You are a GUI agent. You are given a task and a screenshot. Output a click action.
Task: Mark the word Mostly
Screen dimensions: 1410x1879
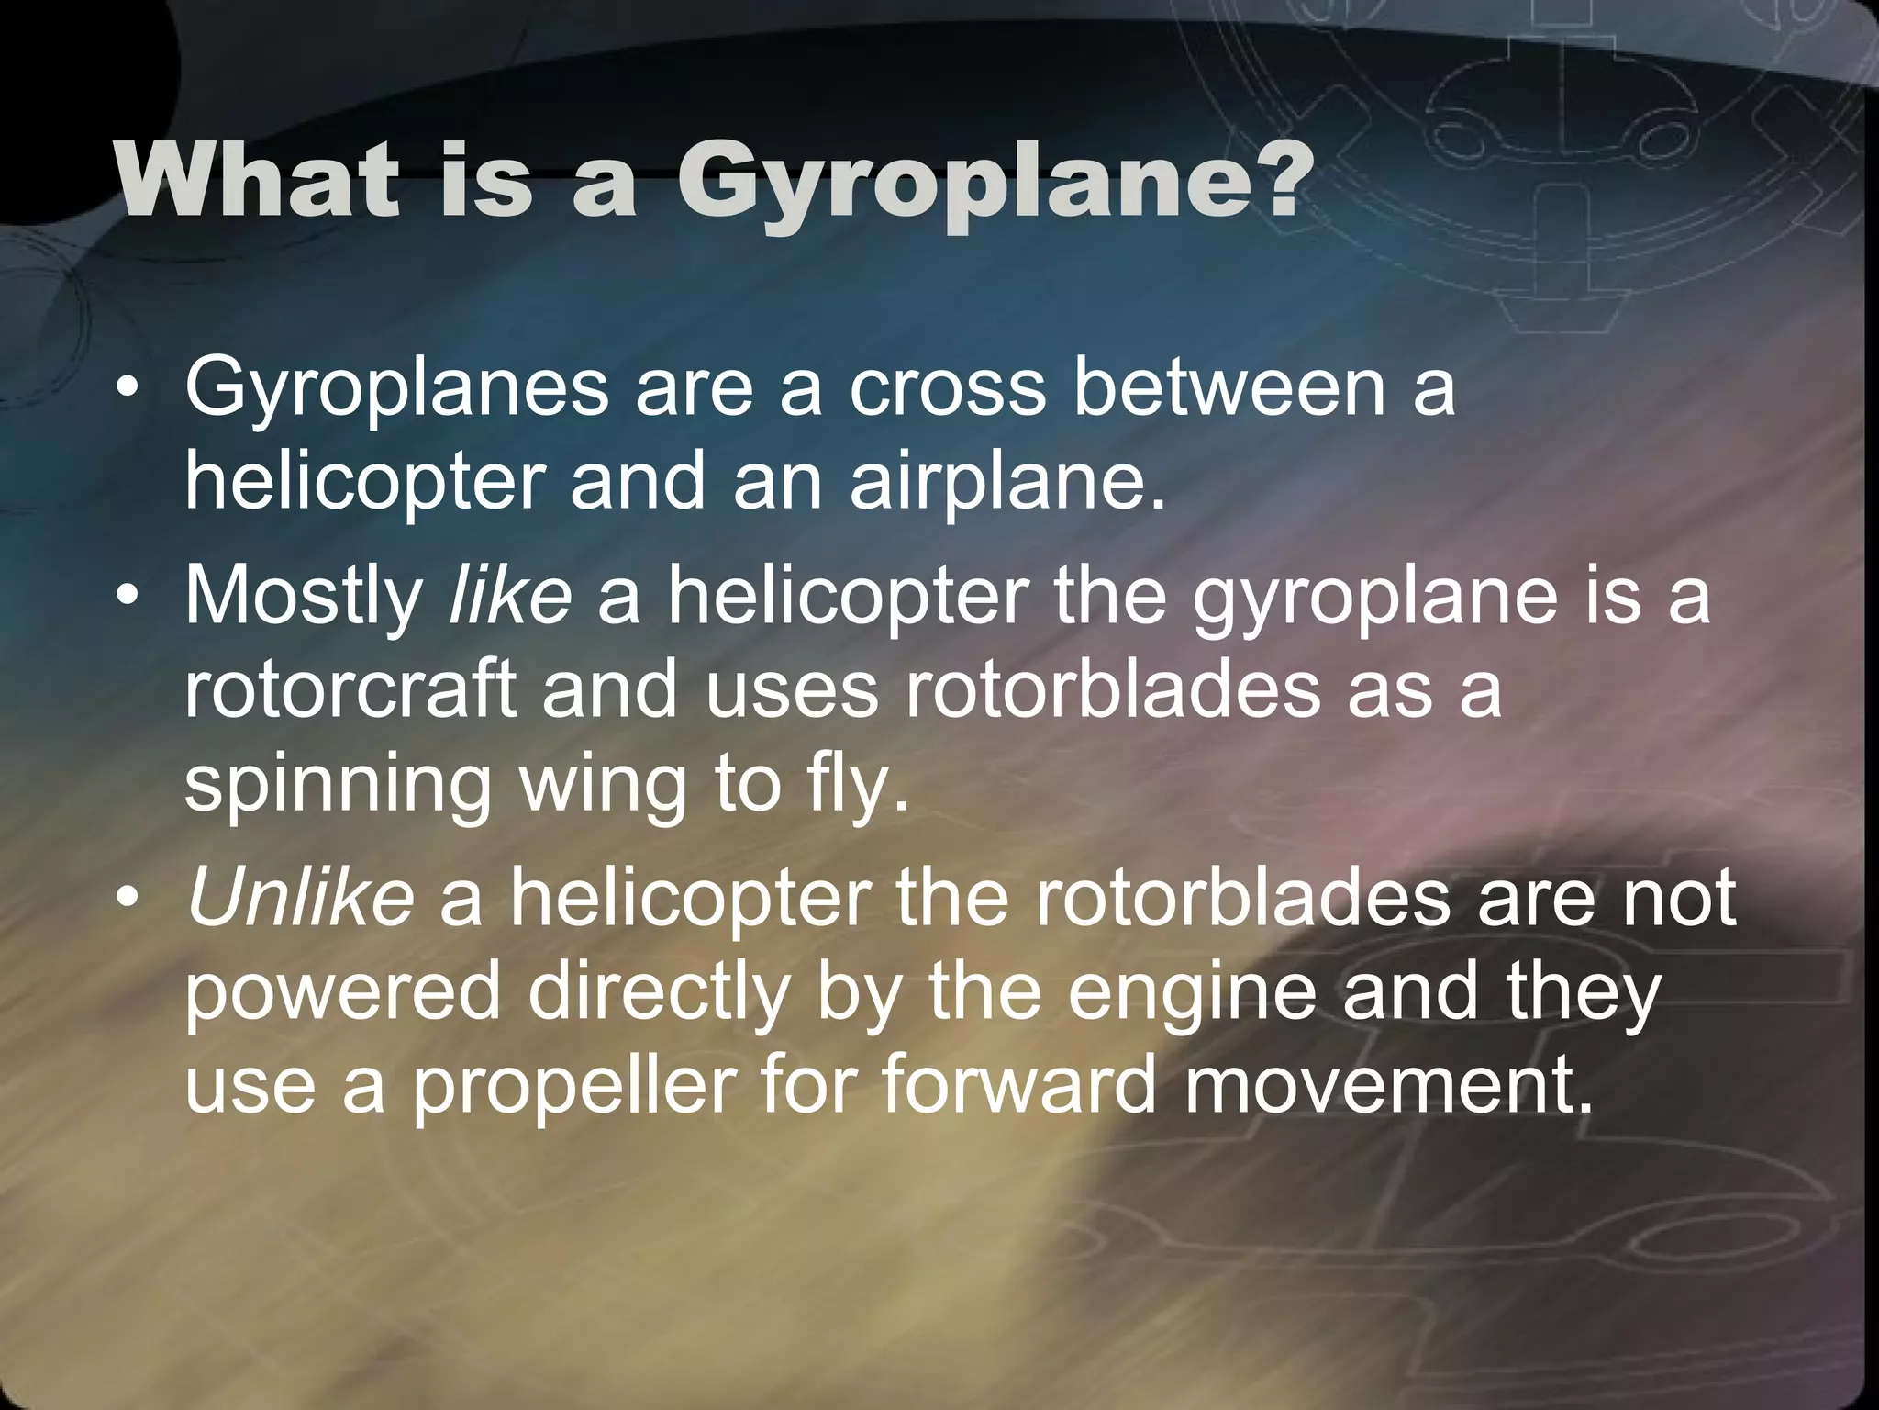pyautogui.click(x=303, y=598)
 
